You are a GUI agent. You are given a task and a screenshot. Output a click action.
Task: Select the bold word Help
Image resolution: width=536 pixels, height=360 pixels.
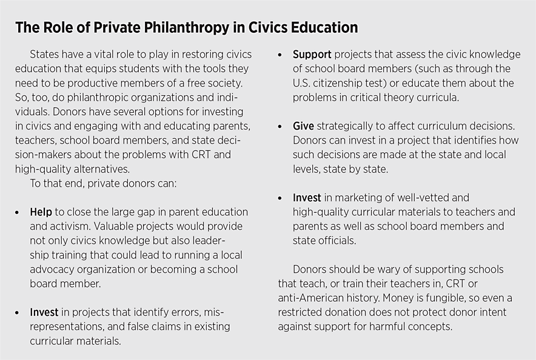[x=41, y=212]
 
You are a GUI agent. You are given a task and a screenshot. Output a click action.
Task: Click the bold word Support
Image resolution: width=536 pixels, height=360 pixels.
[x=313, y=55]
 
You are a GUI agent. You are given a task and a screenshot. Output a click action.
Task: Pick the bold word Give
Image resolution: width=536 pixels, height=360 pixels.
[x=303, y=126]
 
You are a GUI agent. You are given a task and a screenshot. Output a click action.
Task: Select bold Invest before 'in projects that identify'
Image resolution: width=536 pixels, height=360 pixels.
[x=44, y=313]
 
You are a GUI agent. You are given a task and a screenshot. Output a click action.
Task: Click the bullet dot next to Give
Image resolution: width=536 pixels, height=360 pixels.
[x=280, y=127]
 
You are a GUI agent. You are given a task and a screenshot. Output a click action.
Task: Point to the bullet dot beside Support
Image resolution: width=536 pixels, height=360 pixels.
[x=280, y=55]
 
